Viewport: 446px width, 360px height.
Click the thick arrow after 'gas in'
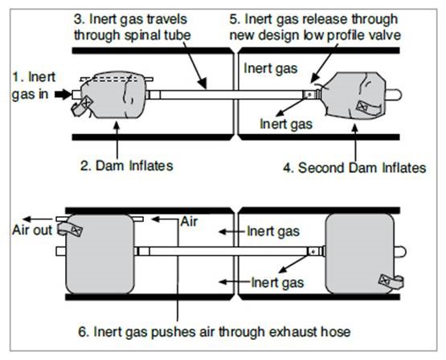point(63,94)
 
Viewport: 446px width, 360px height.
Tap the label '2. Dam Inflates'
point(127,166)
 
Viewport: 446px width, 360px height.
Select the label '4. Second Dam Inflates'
point(354,168)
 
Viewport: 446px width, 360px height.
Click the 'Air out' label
point(32,230)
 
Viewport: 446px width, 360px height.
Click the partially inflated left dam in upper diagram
point(113,95)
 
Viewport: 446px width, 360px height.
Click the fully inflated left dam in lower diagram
point(100,254)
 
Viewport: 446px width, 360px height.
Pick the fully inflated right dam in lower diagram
point(359,253)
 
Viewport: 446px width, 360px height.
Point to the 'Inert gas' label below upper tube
point(286,124)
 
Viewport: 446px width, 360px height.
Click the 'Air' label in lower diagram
point(189,222)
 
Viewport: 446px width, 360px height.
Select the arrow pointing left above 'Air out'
point(38,219)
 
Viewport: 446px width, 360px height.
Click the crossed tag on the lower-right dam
point(385,280)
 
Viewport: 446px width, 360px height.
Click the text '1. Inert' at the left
point(34,77)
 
